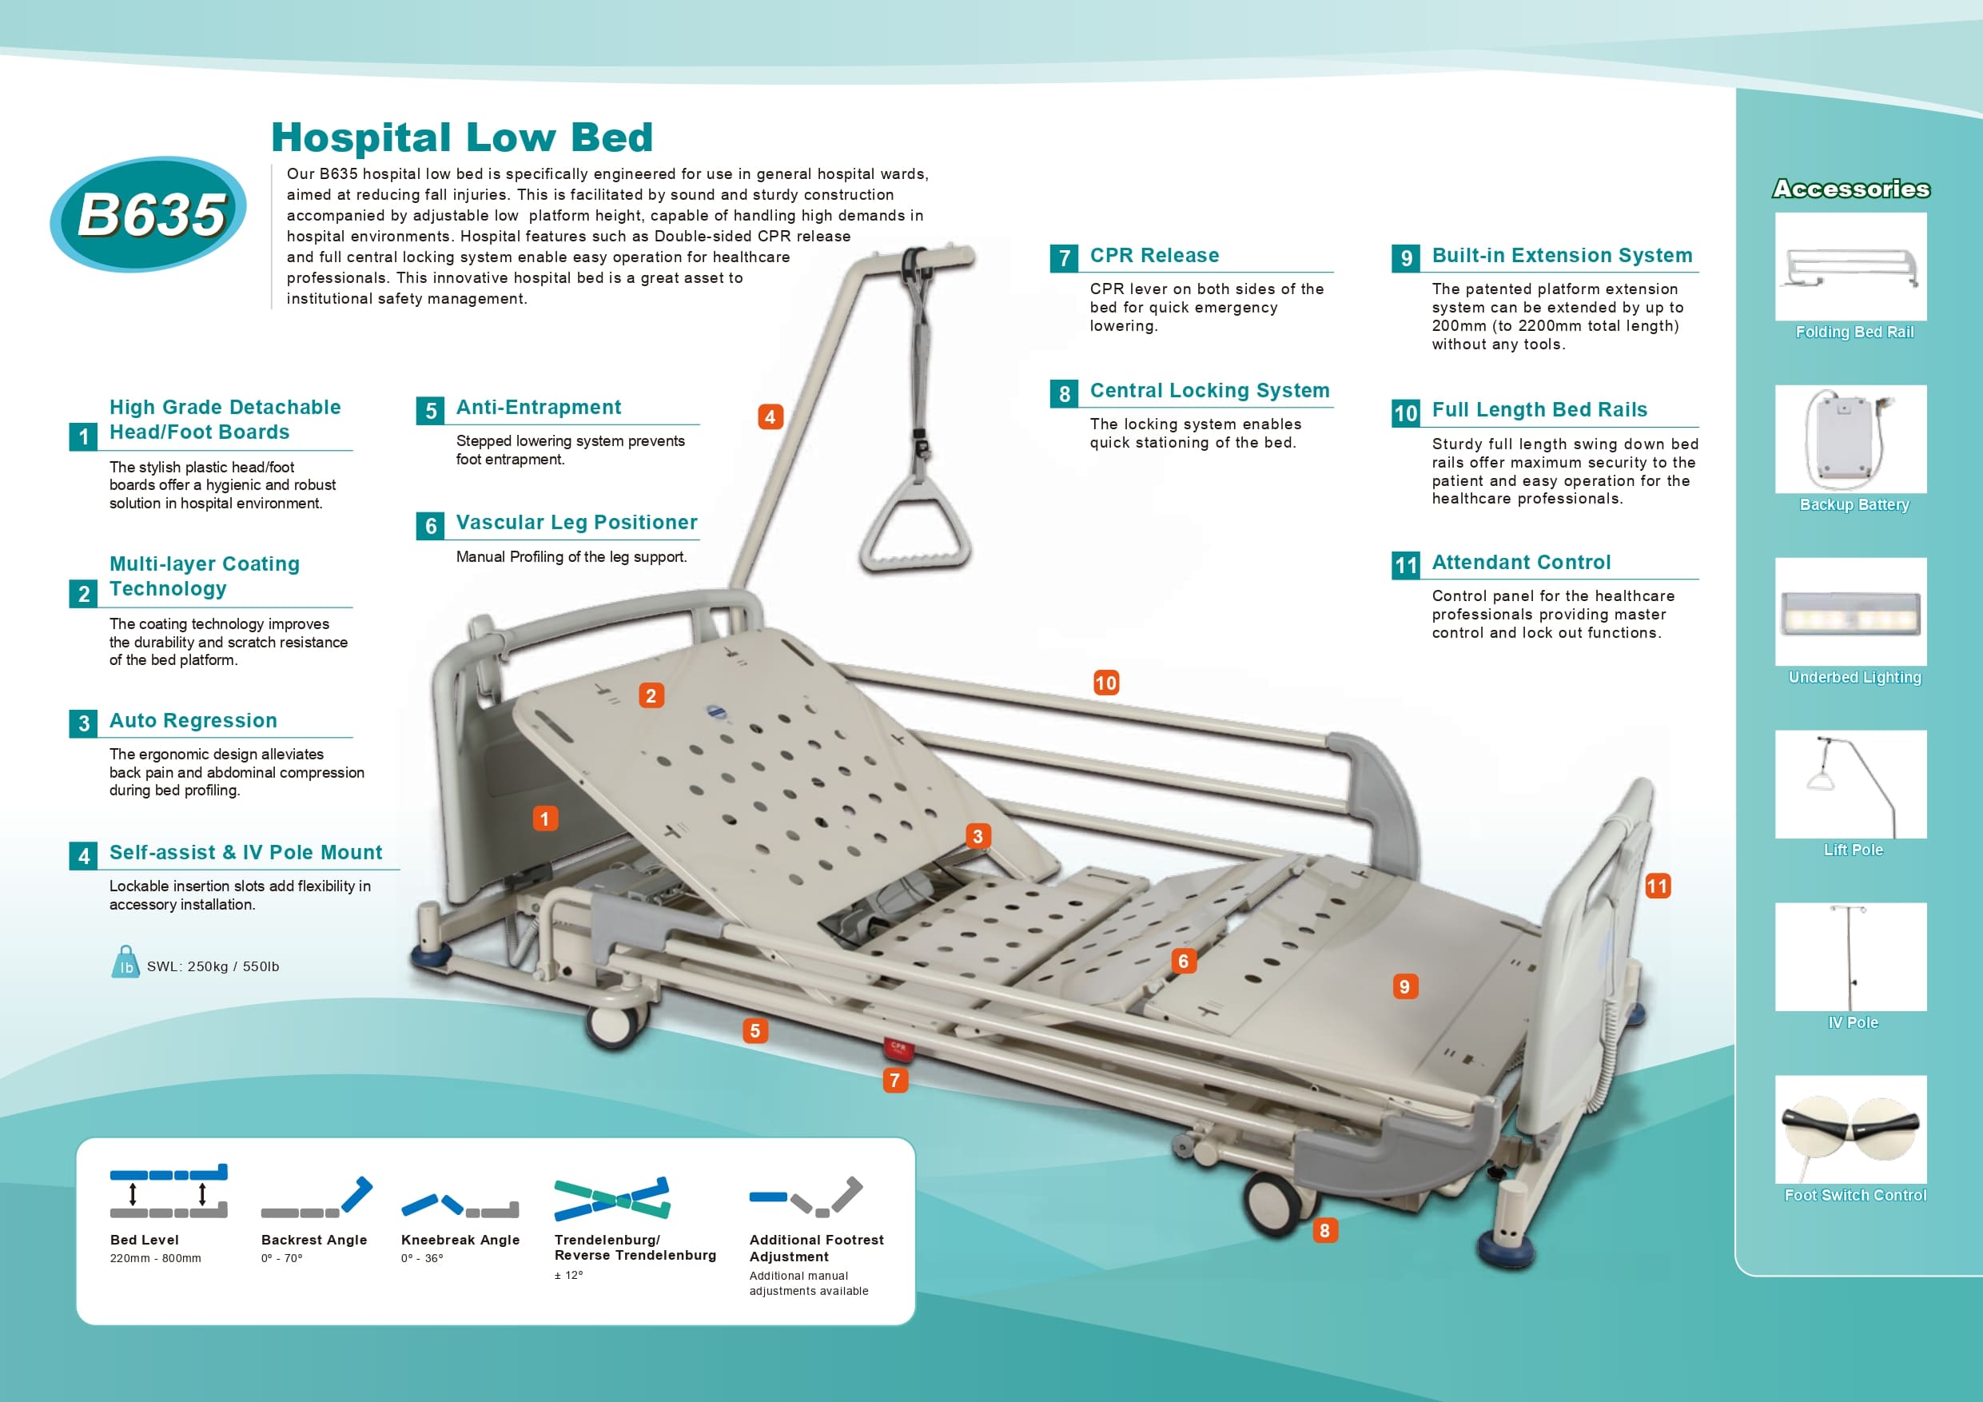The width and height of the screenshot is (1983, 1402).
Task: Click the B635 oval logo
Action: (149, 213)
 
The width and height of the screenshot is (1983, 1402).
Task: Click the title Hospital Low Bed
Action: (462, 137)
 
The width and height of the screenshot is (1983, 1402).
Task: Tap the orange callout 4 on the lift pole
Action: (770, 417)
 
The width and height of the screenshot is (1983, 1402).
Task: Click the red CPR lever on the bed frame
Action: (898, 1047)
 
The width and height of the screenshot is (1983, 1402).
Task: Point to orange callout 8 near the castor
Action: (1324, 1230)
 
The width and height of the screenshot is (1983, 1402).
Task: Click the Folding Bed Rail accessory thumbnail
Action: (1850, 267)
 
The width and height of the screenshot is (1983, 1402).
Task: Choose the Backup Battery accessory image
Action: (1850, 439)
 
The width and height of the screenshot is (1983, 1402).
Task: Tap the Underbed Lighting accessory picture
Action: (1850, 611)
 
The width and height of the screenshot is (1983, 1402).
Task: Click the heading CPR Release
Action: (1154, 256)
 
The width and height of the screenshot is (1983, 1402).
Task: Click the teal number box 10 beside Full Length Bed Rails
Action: (1405, 413)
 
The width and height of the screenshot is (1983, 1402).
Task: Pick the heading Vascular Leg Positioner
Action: (576, 523)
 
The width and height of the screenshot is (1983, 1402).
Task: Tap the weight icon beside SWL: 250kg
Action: (126, 962)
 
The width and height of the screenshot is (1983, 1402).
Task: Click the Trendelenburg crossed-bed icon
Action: (611, 1198)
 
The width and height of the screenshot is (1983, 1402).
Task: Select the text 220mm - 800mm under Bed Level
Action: (156, 1259)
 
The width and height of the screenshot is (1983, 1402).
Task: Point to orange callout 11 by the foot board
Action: (1657, 886)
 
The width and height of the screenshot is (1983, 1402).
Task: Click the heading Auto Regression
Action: (193, 720)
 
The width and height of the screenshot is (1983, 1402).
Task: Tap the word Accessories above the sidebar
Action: (1851, 189)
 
